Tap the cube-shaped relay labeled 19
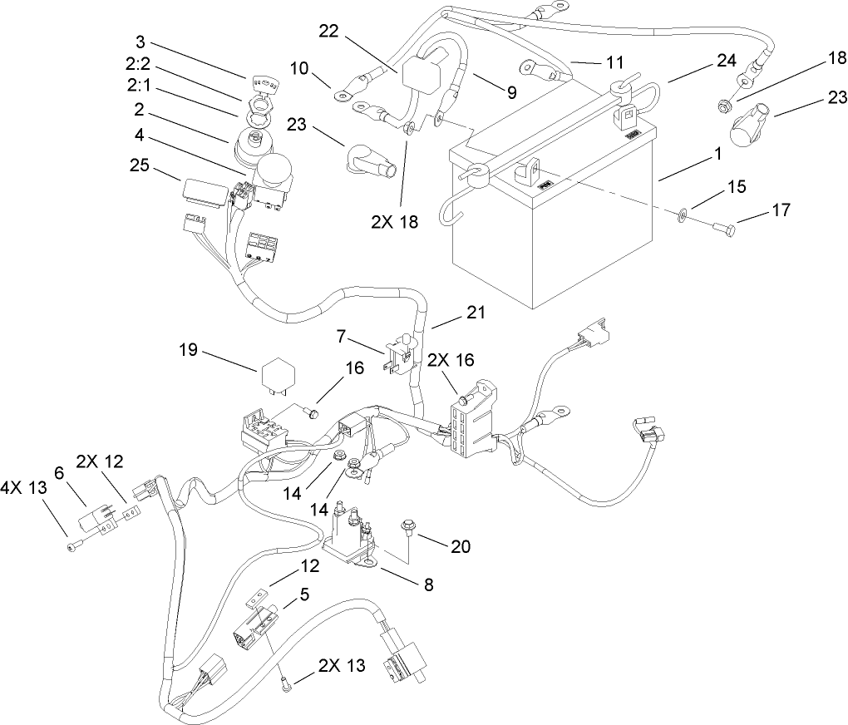(280, 377)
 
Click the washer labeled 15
(681, 215)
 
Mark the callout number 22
(329, 30)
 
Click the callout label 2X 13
(341, 665)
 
